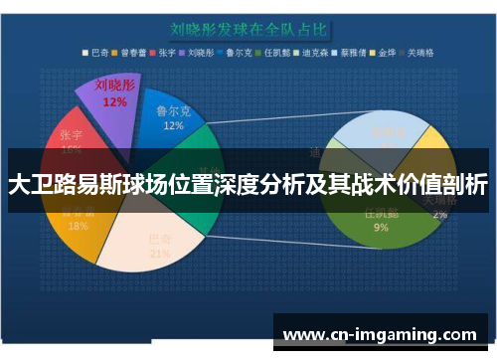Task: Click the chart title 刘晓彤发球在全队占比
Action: point(248,29)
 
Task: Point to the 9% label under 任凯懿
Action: point(381,228)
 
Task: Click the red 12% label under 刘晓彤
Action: point(114,101)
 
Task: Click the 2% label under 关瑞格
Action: point(439,214)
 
